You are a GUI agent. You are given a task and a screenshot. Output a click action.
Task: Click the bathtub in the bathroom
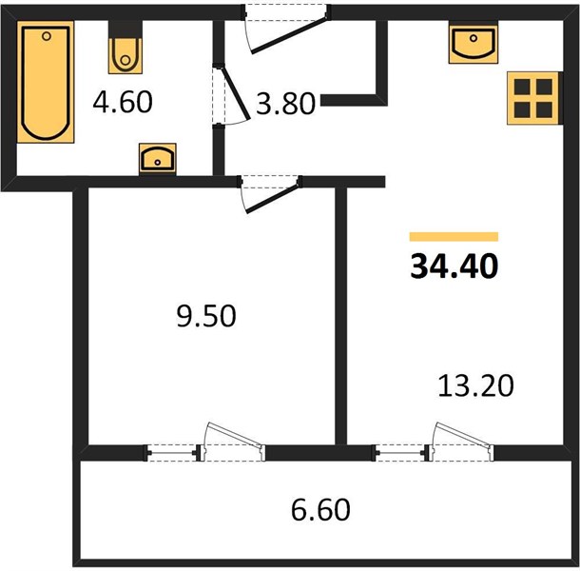click(46, 82)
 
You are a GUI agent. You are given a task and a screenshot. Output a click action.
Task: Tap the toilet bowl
click(126, 55)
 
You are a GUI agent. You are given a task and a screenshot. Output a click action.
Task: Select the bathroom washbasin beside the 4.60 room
click(158, 159)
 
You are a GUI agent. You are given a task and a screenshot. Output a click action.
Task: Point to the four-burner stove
click(533, 98)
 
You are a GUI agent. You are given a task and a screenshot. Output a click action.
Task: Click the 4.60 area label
click(123, 102)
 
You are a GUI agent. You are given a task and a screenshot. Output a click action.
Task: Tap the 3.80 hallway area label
click(285, 104)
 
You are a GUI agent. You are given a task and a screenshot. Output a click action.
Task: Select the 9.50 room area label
click(206, 316)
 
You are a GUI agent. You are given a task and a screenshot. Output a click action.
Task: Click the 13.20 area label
click(475, 385)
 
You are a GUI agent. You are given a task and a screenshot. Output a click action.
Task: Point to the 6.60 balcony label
click(320, 510)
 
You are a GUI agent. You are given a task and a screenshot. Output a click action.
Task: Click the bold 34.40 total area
click(454, 266)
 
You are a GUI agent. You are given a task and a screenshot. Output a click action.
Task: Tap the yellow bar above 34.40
click(454, 237)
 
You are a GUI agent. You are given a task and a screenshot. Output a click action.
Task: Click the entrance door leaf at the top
click(289, 34)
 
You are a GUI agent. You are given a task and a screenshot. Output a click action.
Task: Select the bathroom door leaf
click(235, 91)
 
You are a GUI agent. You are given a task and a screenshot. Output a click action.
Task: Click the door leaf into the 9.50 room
click(273, 199)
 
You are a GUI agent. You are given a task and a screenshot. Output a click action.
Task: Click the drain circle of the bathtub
click(47, 36)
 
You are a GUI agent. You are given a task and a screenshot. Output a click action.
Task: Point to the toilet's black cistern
click(126, 30)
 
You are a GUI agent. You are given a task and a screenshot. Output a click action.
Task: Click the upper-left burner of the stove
click(522, 87)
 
